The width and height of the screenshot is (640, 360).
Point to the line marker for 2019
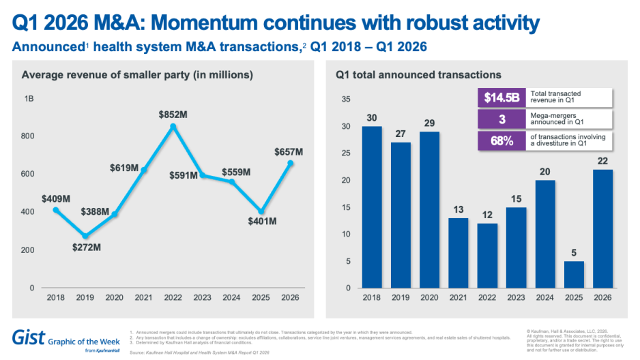[x=85, y=236]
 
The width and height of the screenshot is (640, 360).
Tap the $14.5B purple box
[x=501, y=97]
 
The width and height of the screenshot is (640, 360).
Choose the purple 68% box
[x=501, y=141]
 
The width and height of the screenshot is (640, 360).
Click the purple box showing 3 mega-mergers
[x=501, y=119]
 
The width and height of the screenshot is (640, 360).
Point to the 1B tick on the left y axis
[x=29, y=100]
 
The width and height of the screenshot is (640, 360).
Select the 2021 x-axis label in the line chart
[x=144, y=297]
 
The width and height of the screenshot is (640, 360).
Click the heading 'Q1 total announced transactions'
[x=418, y=74]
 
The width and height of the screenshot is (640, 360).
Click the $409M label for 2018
[x=56, y=199]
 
